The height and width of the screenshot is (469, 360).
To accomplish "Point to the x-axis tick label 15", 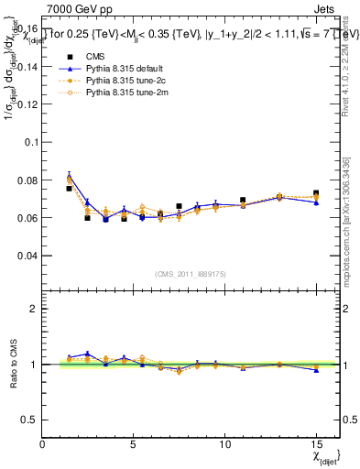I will click(x=315, y=445).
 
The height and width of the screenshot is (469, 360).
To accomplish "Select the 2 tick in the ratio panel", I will click(x=35, y=309).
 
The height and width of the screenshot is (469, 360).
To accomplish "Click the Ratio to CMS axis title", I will click(x=12, y=365).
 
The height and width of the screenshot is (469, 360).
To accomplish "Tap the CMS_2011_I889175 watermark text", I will click(x=191, y=274).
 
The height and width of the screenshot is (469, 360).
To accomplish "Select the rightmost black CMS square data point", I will click(x=316, y=193).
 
